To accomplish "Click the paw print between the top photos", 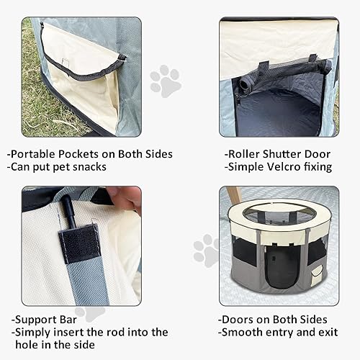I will [x=166, y=81].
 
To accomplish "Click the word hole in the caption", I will [x=26, y=346].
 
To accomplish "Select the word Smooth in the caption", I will [x=244, y=332].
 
